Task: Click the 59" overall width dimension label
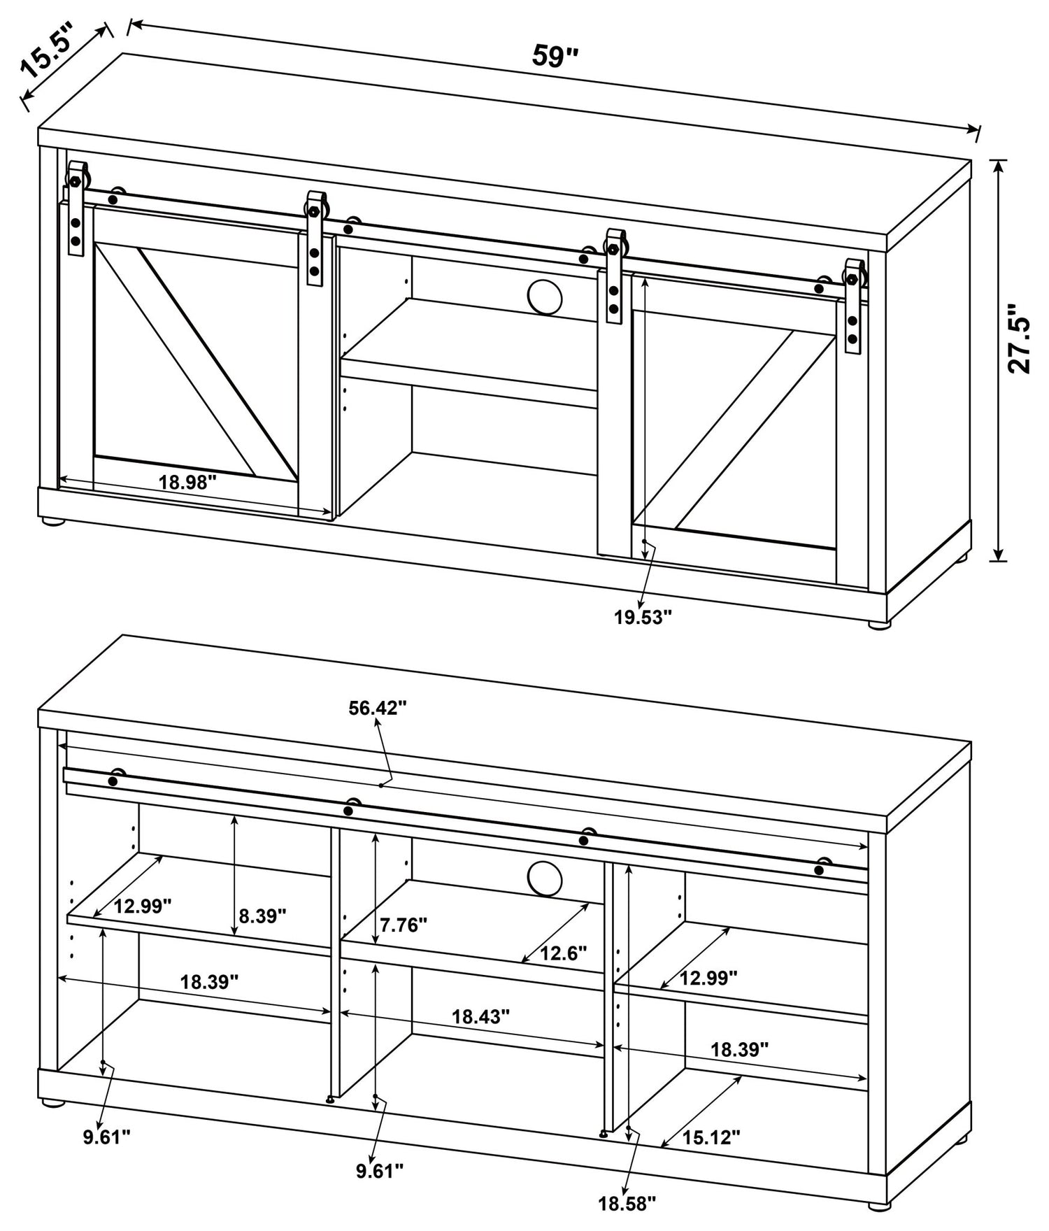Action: coord(555,56)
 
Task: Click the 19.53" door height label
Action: coord(643,617)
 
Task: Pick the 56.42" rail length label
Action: coord(378,708)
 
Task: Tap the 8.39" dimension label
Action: coord(262,916)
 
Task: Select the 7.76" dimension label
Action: coord(404,925)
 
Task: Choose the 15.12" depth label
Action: coord(711,1137)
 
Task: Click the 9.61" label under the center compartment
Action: coord(380,1170)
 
